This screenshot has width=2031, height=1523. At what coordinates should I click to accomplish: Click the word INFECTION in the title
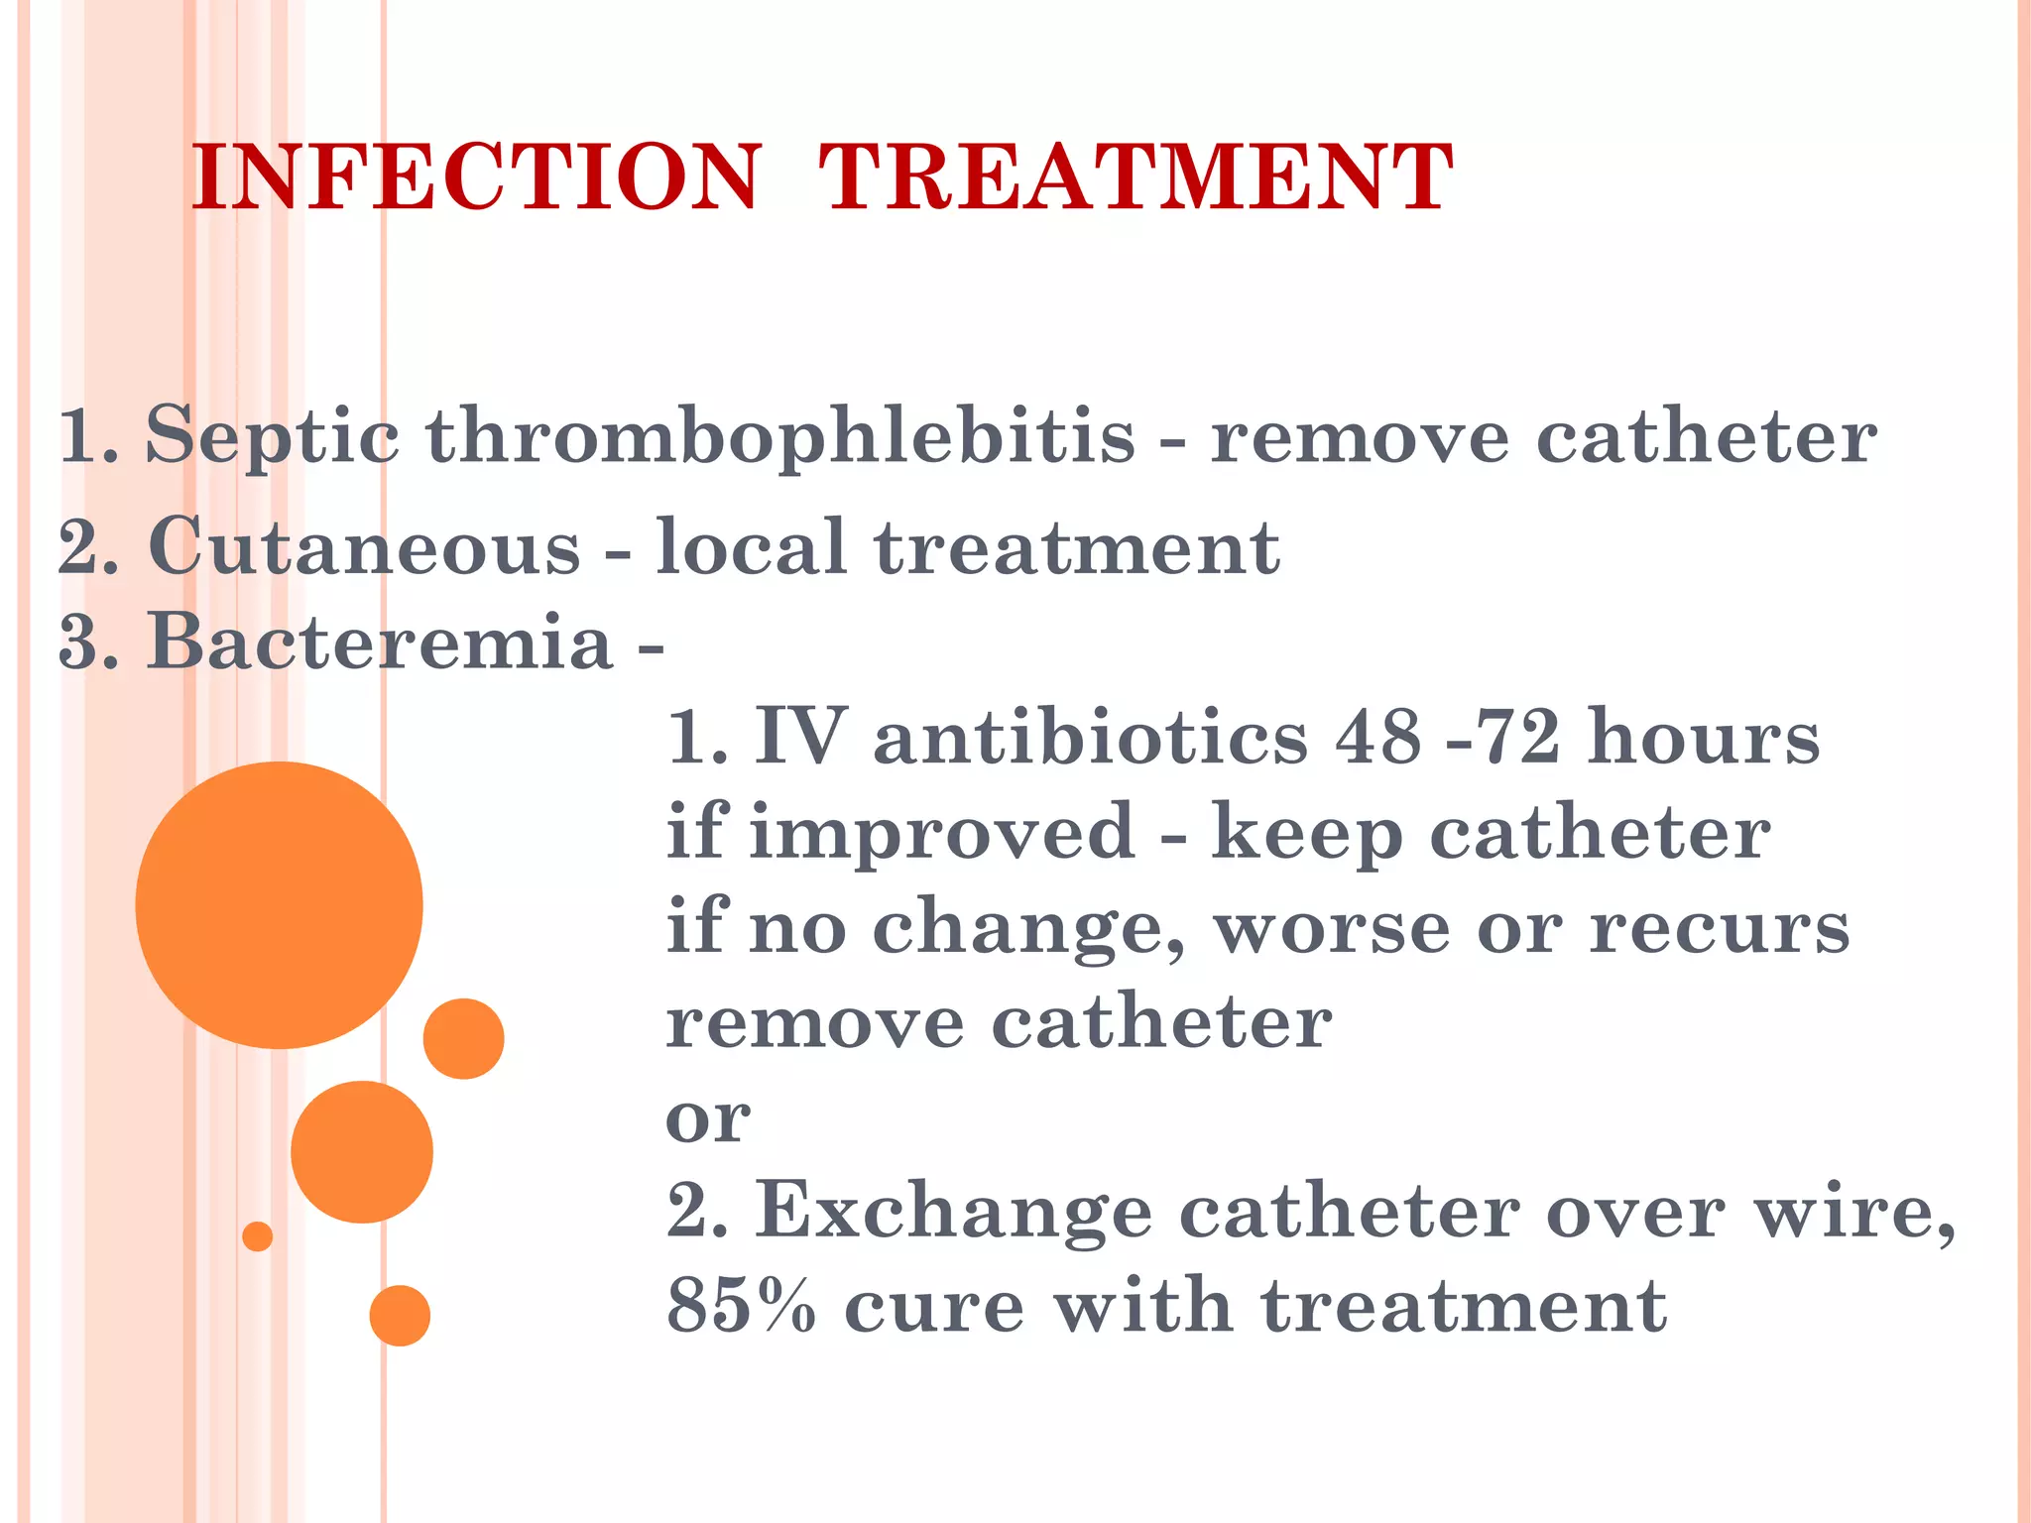click(x=476, y=177)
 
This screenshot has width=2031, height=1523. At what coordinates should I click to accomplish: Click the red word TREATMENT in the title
click(x=1135, y=177)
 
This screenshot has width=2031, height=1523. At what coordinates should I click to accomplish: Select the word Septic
click(x=273, y=436)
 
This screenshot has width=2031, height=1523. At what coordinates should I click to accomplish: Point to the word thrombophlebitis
click(x=780, y=436)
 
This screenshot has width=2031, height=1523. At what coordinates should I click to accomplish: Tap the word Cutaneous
click(x=364, y=546)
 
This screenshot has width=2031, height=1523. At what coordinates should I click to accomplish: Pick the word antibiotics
click(x=1091, y=738)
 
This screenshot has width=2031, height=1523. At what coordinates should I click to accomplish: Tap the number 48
click(x=1378, y=738)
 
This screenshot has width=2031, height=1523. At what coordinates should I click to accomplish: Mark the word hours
click(x=1704, y=738)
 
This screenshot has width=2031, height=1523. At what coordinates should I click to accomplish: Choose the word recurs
click(x=1720, y=928)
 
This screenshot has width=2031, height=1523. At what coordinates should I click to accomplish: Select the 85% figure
click(x=741, y=1306)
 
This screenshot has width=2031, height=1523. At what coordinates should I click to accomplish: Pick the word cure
click(x=934, y=1306)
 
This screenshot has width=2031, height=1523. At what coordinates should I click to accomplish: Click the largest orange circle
click(x=279, y=904)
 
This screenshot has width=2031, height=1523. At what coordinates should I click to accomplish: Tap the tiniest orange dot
click(x=258, y=1236)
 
